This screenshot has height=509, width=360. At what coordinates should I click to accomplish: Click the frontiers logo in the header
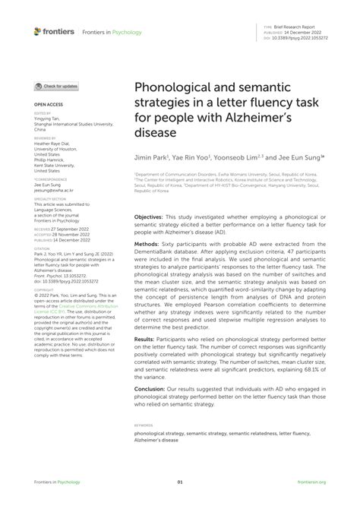53,31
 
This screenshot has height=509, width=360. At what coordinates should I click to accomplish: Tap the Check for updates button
55,87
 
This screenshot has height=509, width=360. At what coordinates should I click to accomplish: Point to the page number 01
180,482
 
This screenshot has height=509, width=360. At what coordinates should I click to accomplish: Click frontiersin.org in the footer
311,482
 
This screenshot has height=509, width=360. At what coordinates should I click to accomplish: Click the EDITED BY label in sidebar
43,112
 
